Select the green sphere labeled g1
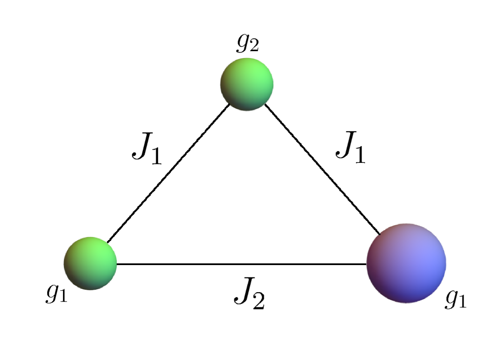(x=90, y=263)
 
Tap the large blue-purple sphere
(x=406, y=262)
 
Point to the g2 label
(x=247, y=44)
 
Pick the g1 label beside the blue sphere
(x=455, y=300)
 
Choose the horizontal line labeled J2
(x=241, y=264)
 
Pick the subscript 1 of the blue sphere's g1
(x=462, y=302)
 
